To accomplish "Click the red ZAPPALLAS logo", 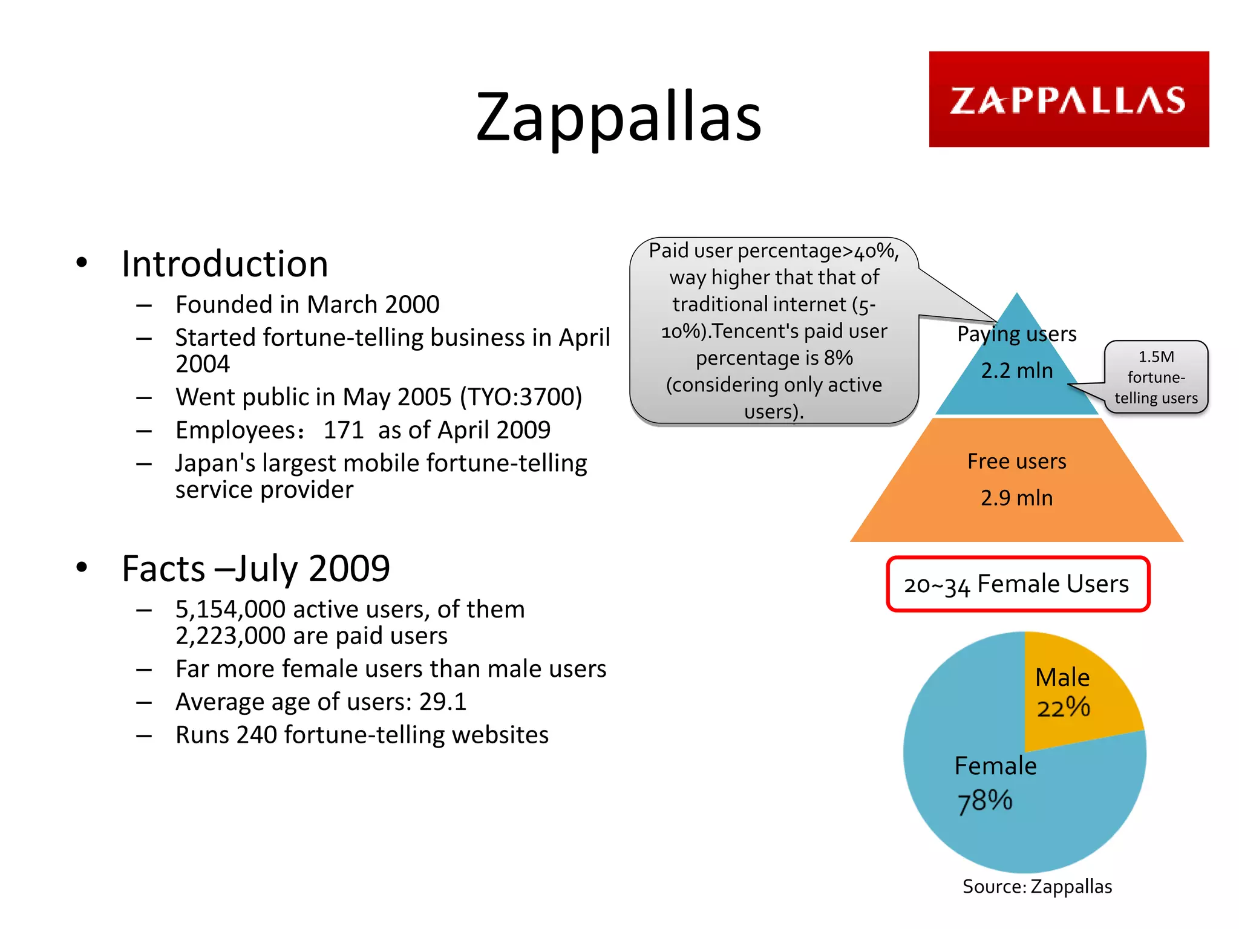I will (1068, 99).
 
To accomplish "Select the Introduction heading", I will (224, 264).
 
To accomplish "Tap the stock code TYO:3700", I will (520, 397).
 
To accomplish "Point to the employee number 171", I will (343, 430).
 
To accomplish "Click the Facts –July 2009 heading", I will (255, 569).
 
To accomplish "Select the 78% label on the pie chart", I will (985, 801).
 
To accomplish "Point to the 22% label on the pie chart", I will (1064, 707).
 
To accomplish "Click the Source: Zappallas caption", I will (1037, 887).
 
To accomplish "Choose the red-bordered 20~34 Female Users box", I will (1018, 584).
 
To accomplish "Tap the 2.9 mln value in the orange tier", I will (1017, 498).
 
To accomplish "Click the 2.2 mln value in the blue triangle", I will (1017, 371).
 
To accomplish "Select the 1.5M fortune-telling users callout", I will (1156, 377).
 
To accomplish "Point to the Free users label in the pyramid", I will (1017, 461).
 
